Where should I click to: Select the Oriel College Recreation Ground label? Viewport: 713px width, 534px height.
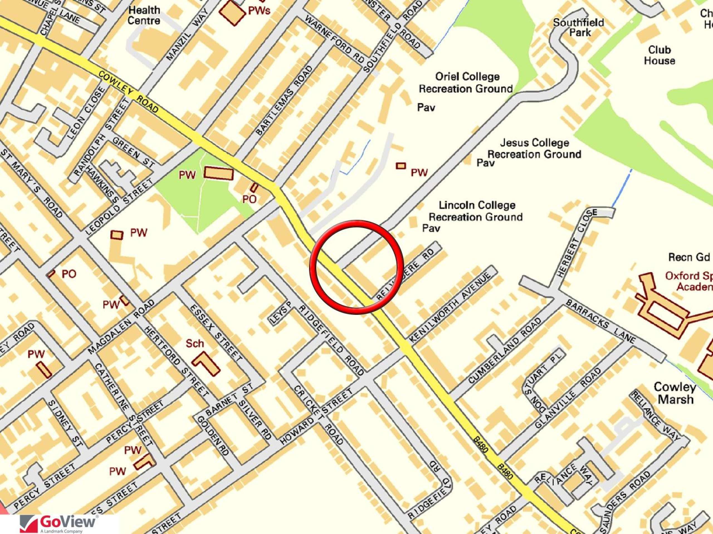[x=466, y=82]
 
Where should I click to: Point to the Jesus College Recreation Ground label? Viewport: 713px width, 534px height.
[x=535, y=149]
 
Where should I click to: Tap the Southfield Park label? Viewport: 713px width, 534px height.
[x=578, y=27]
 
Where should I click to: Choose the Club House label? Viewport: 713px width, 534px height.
[x=660, y=55]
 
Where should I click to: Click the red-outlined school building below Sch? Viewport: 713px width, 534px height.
[x=206, y=363]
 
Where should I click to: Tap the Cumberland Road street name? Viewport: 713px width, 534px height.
[x=504, y=351]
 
